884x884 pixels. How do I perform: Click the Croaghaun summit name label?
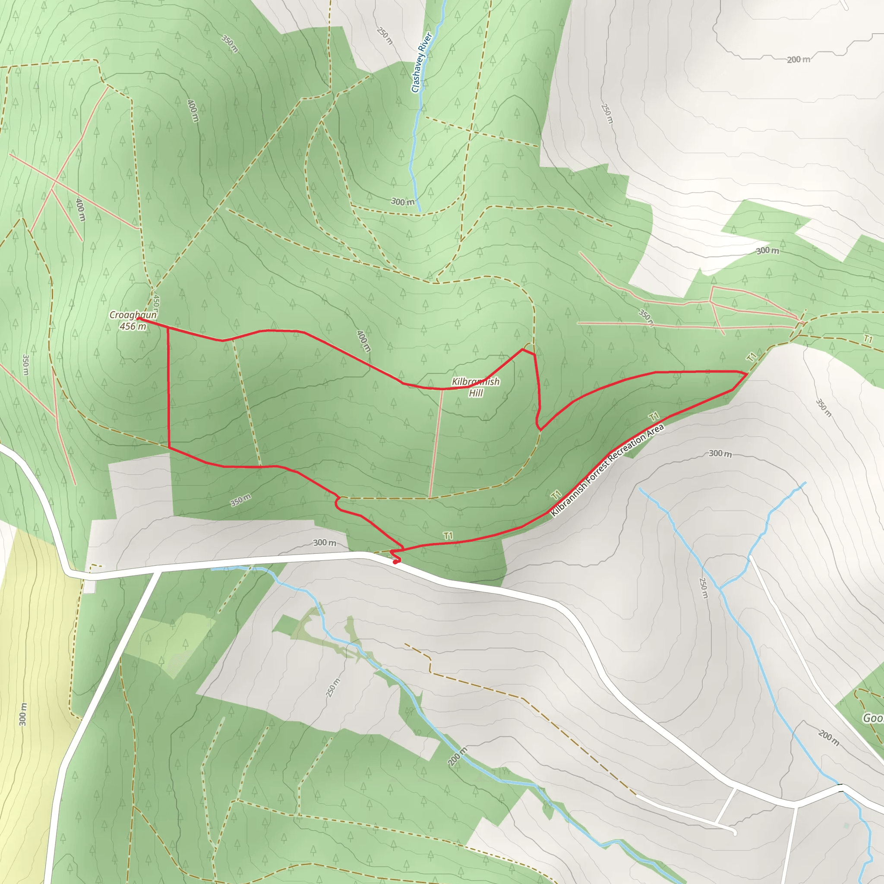133,315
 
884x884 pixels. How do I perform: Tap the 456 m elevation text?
133,326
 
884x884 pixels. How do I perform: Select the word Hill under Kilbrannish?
476,393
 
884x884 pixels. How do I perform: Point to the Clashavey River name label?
421,62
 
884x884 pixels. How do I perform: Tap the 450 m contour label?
156,302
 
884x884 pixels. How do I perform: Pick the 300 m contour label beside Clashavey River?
403,202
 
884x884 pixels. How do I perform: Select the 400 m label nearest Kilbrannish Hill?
363,341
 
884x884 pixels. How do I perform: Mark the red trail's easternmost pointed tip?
747,374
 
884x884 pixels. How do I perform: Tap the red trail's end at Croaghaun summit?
138,319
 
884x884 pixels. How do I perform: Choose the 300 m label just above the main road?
325,543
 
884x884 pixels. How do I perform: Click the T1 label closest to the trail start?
448,535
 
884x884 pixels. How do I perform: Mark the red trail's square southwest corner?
169,447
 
